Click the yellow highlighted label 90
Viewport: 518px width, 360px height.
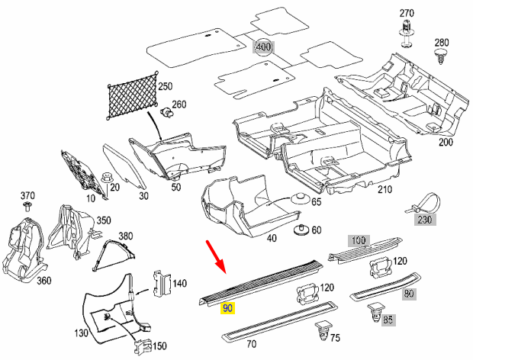[x=228, y=308]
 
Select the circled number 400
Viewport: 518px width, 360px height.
[x=263, y=47]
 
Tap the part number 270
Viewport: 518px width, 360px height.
[x=407, y=13]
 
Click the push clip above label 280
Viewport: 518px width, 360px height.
[x=442, y=56]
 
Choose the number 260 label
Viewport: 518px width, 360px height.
[x=179, y=104]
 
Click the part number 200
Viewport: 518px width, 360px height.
[x=446, y=142]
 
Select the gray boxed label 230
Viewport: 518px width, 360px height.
[x=423, y=220]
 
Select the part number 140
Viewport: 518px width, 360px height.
[x=179, y=283]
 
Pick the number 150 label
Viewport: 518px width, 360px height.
[x=159, y=346]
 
